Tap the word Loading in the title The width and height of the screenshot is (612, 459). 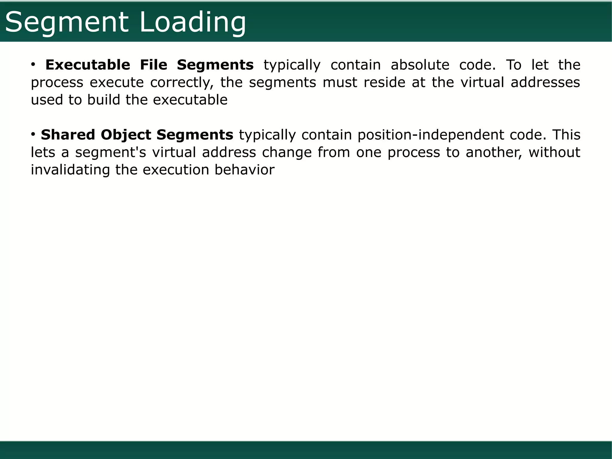193,22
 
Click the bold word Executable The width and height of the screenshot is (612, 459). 88,65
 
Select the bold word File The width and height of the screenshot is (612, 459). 153,65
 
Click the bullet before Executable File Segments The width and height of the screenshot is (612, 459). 33,64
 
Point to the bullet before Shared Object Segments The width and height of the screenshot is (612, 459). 33,134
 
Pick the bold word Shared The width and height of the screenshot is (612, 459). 68,135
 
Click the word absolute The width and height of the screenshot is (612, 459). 420,65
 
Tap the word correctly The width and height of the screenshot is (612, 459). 182,83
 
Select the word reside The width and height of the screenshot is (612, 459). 384,82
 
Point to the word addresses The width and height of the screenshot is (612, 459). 545,82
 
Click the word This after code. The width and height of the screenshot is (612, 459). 566,135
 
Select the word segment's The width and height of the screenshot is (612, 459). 110,153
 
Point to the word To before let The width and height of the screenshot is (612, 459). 513,65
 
